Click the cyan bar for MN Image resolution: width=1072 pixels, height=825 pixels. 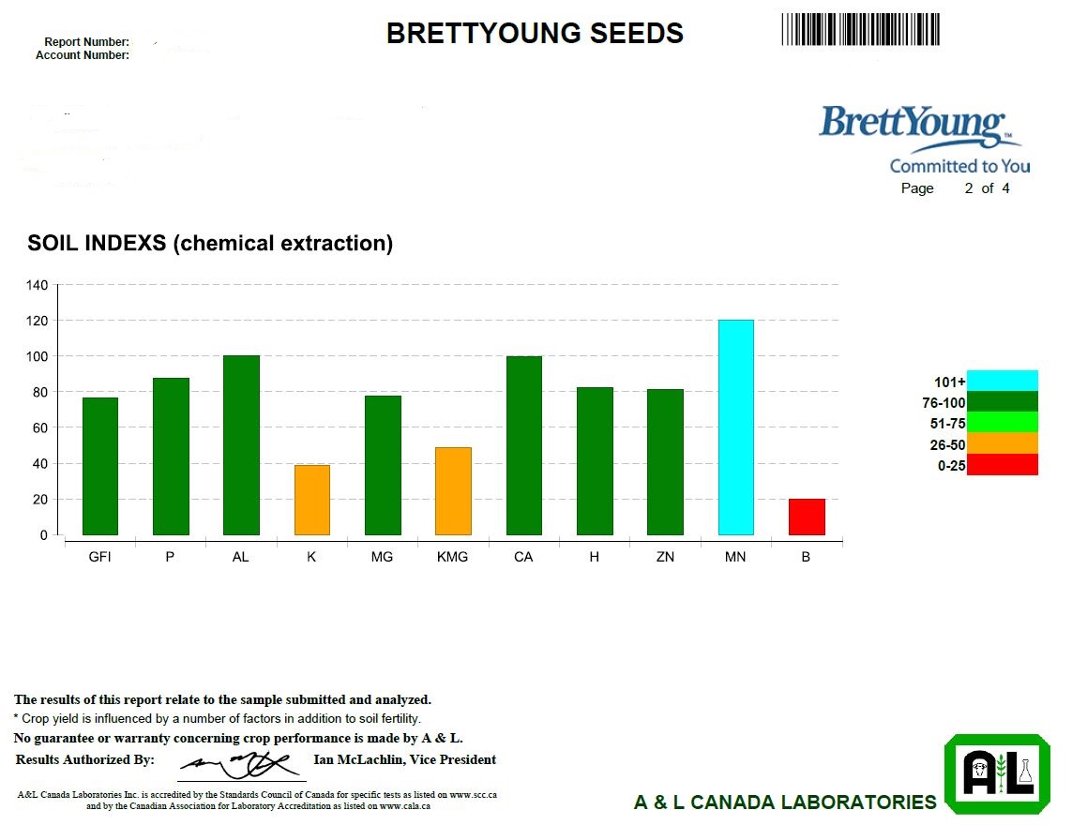(735, 427)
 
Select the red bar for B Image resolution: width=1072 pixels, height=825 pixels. (807, 517)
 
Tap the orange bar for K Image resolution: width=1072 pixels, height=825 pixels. (312, 500)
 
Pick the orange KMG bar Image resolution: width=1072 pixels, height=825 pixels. (453, 491)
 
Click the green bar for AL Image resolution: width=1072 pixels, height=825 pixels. (241, 445)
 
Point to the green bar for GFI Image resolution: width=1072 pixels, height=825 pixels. (100, 466)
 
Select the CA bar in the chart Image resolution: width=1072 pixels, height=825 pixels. (523, 445)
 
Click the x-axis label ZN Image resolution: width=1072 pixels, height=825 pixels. (665, 557)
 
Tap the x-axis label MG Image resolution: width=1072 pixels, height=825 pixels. (382, 557)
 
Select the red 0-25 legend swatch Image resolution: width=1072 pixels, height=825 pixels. (1002, 465)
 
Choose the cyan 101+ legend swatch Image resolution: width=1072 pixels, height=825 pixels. (1002, 381)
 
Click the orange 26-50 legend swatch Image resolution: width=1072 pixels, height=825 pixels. (1002, 443)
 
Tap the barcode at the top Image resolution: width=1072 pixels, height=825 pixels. (860, 29)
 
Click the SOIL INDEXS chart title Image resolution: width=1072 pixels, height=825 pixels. (210, 244)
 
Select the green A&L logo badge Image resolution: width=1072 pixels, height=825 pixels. (996, 774)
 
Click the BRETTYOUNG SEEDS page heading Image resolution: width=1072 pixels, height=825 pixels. (535, 34)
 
